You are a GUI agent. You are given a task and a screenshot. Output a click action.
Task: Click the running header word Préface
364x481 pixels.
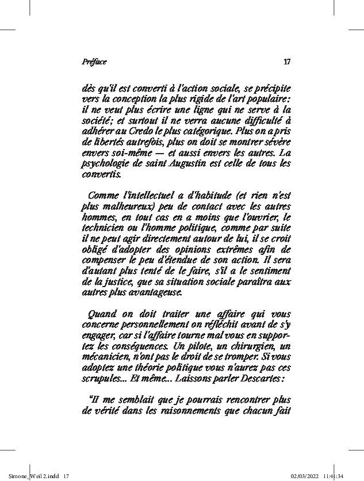click(x=94, y=62)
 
